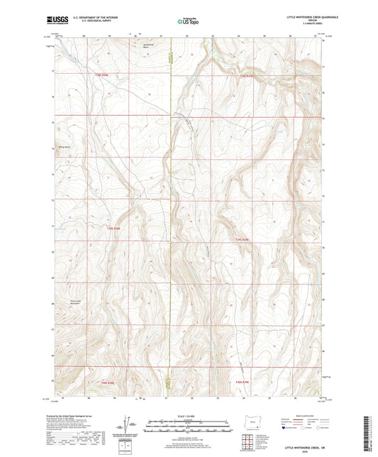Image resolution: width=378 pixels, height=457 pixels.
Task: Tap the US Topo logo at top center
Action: point(189,21)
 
